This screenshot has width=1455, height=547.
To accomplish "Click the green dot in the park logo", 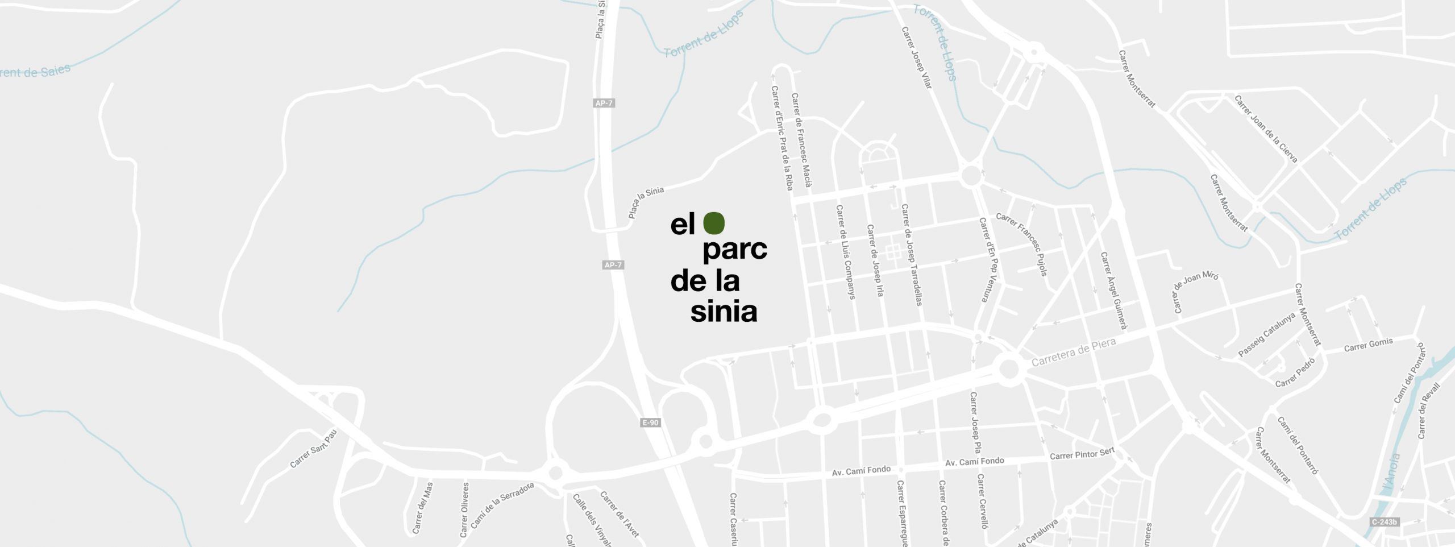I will (x=714, y=223).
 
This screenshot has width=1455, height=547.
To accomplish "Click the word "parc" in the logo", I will (x=735, y=252).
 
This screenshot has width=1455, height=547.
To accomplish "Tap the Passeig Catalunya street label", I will (x=1266, y=335).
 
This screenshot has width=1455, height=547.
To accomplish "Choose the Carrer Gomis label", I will (x=1368, y=345).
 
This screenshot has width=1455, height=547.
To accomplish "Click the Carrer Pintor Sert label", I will (x=1082, y=454).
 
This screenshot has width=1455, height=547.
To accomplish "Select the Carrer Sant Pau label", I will (x=314, y=449).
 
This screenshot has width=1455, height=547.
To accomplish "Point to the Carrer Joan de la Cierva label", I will (x=1266, y=129).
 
